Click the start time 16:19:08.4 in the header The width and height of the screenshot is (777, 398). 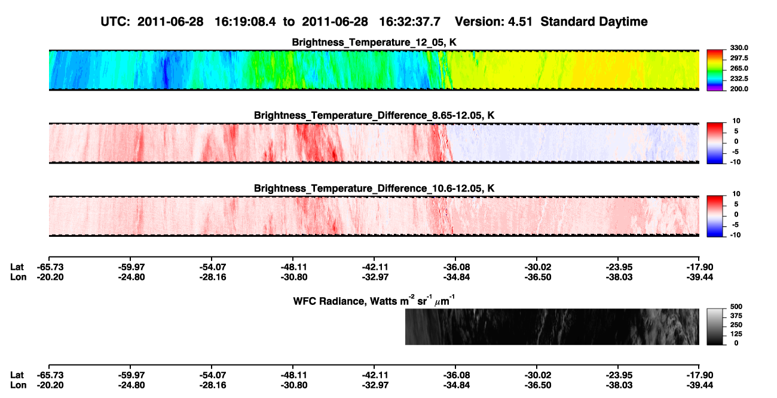coord(245,22)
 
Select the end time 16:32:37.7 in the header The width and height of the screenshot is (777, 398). coord(409,22)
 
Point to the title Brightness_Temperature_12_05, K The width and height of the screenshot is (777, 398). coord(374,42)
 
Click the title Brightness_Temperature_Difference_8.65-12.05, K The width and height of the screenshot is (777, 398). coord(374,115)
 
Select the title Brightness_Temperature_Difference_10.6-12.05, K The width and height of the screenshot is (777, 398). coord(374,189)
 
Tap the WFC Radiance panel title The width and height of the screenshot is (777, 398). coord(374,300)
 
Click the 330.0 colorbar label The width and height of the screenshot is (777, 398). coord(739,48)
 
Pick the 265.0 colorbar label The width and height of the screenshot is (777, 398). coord(739,68)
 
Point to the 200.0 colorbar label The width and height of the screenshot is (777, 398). coord(739,89)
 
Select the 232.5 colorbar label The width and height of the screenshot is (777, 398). coord(739,79)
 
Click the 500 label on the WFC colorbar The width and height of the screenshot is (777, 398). coord(736,307)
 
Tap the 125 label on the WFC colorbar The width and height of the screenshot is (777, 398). coord(736,334)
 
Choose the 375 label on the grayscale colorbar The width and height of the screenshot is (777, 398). coord(736,316)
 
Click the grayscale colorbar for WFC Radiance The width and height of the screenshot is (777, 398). coord(715,326)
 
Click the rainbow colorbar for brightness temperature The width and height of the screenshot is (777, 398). coord(715,70)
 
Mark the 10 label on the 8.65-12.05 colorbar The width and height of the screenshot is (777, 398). coord(736,121)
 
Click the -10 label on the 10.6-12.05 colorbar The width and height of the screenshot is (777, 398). coord(735,235)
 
